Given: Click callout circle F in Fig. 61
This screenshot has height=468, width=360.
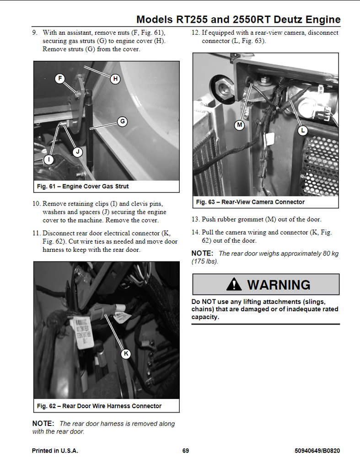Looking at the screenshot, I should click(x=59, y=79).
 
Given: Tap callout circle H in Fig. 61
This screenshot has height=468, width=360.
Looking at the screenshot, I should click(x=116, y=79).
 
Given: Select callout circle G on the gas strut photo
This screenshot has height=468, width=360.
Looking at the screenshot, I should click(x=122, y=122).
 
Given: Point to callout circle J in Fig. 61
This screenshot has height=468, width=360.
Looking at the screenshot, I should click(x=78, y=152).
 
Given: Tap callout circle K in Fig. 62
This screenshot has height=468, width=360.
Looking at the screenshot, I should click(x=126, y=353).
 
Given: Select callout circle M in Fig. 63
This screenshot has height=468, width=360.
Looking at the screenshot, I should click(x=239, y=125).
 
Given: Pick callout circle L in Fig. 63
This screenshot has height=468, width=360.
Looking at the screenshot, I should click(x=302, y=131).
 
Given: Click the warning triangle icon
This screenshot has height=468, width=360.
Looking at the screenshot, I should click(x=234, y=284).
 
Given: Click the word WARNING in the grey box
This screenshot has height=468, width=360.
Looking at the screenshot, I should click(x=279, y=285).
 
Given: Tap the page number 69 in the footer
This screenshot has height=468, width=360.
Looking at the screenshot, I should click(x=185, y=451).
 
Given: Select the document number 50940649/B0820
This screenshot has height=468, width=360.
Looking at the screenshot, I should click(x=317, y=451).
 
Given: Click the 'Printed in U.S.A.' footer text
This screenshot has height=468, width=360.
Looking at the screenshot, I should click(x=55, y=451).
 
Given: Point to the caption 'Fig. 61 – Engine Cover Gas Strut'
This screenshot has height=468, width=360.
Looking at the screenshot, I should click(x=83, y=186).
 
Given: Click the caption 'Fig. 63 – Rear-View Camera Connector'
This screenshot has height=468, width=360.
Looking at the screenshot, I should click(x=250, y=202).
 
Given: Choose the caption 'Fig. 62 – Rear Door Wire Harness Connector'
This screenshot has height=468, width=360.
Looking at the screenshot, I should click(x=99, y=406).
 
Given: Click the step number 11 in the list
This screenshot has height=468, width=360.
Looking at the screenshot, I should click(x=37, y=233).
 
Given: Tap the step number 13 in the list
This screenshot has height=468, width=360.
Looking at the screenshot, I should click(x=196, y=219).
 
